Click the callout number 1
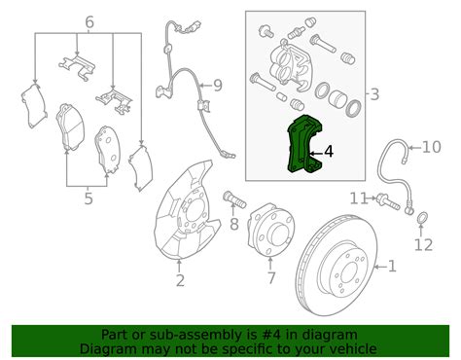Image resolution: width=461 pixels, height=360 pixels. click(x=392, y=266)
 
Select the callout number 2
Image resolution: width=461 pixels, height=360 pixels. click(x=180, y=282)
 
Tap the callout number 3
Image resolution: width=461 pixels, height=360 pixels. click(x=374, y=93)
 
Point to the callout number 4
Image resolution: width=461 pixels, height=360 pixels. click(x=328, y=151)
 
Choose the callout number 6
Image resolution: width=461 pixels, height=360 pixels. click(x=89, y=21)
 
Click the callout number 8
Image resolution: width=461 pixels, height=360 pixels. click(x=233, y=225)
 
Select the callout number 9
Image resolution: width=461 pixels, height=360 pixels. click(x=217, y=86)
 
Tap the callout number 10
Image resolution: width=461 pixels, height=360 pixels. click(x=431, y=148)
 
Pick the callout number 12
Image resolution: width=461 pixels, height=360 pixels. click(x=422, y=245)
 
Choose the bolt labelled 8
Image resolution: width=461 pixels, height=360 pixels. click(x=232, y=201)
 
